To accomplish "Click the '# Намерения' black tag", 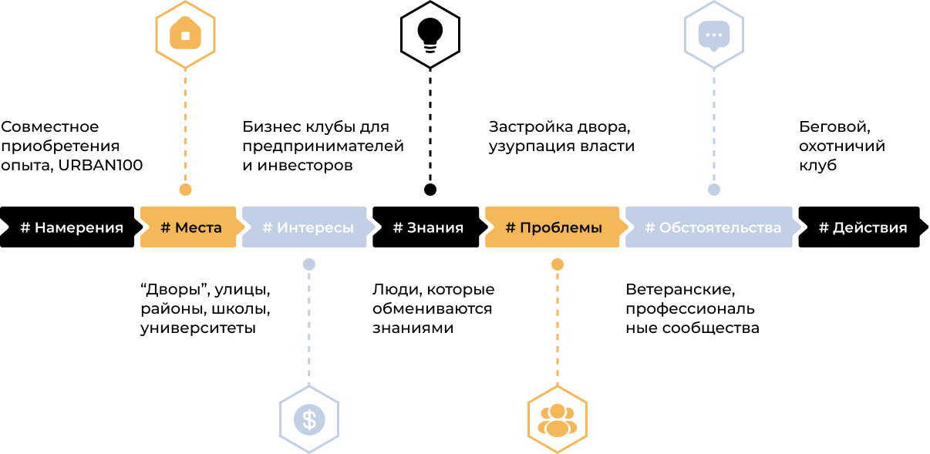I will [x=71, y=227].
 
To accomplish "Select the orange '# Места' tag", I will [x=190, y=227].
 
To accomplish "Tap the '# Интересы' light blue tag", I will [x=308, y=227].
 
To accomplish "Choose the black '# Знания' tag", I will [x=428, y=227].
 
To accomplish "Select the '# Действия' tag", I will [x=862, y=227].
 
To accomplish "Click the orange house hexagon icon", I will [x=185, y=35].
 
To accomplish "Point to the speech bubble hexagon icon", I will [x=714, y=35].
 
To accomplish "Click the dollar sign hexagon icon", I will [x=309, y=419].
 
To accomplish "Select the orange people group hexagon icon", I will [x=557, y=419].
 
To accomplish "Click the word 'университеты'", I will [x=197, y=328].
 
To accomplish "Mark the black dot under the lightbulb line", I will [x=430, y=189].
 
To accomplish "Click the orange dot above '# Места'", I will [x=185, y=189].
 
